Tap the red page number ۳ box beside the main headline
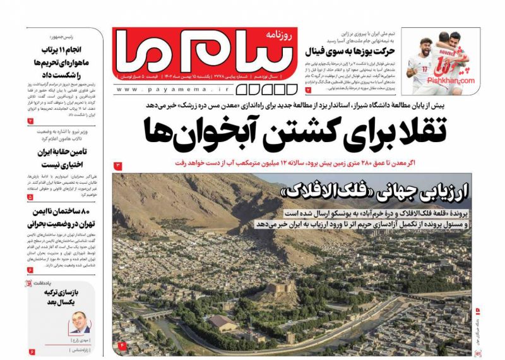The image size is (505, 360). pos(117,165)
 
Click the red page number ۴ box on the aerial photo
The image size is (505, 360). pos(122,345)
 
